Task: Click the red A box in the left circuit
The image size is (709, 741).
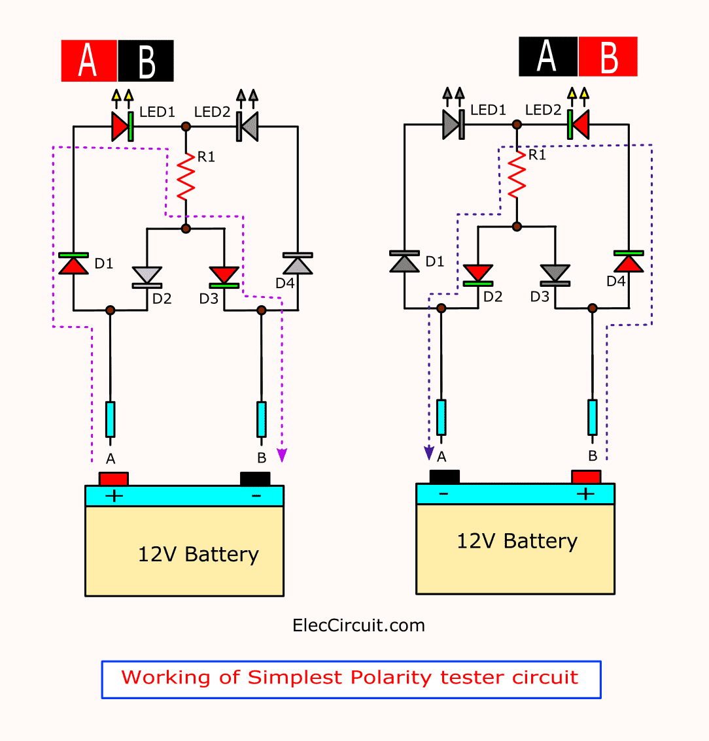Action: coord(89,61)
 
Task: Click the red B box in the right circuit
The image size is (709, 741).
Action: coord(608,57)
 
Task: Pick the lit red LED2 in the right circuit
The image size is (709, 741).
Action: coord(578,124)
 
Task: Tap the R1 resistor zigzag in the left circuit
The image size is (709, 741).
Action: coord(186,176)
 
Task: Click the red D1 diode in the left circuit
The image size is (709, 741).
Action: coord(73,263)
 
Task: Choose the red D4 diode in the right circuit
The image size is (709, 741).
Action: coord(629,261)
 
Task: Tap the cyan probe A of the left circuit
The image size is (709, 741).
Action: coord(110,419)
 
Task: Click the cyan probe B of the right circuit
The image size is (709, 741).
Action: coord(592,418)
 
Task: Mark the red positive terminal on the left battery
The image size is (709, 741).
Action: coord(114,479)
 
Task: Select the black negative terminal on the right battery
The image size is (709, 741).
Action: coord(444,477)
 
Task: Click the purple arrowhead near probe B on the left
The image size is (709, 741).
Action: coord(282,455)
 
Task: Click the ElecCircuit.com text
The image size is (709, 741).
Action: coord(358,626)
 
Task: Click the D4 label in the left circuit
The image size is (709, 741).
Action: coord(285,283)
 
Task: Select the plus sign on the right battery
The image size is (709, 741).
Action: coord(585,494)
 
